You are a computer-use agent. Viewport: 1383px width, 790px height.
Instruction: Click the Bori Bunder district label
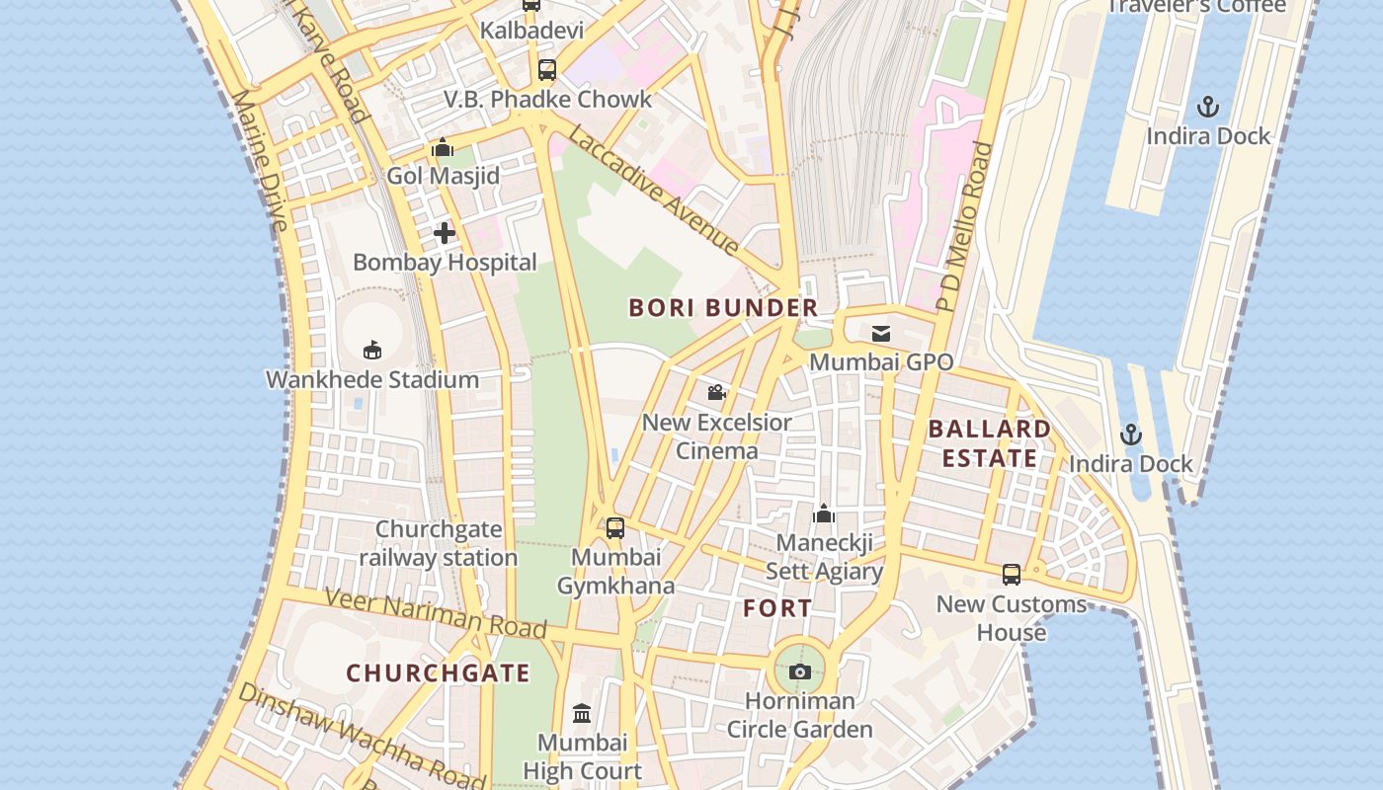tap(723, 307)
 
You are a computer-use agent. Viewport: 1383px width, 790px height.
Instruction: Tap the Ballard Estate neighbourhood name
tap(989, 443)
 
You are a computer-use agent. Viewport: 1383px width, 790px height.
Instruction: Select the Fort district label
tap(777, 608)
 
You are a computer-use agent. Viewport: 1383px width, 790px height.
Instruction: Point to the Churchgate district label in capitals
tap(438, 673)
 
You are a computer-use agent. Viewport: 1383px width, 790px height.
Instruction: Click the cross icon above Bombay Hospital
tap(445, 233)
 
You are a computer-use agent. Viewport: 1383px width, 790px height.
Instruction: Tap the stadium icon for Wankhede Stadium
tap(372, 350)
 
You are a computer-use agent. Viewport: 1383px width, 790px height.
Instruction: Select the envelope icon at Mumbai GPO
tap(881, 334)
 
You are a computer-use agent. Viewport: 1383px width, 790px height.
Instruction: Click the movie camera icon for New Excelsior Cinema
tap(717, 393)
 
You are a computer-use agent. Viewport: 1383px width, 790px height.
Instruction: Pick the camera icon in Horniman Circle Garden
tap(800, 672)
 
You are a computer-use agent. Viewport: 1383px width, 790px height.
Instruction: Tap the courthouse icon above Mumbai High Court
tap(582, 713)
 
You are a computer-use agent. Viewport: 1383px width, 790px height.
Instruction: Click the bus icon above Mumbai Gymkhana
tap(615, 528)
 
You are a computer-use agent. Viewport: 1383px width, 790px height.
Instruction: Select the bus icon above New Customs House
tap(1011, 575)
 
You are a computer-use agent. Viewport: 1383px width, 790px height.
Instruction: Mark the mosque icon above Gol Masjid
tap(443, 148)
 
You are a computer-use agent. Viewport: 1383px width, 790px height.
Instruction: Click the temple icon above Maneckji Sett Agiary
tap(824, 513)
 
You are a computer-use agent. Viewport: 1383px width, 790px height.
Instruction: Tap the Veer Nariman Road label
tap(435, 612)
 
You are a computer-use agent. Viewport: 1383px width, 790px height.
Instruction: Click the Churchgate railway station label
tap(438, 543)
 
